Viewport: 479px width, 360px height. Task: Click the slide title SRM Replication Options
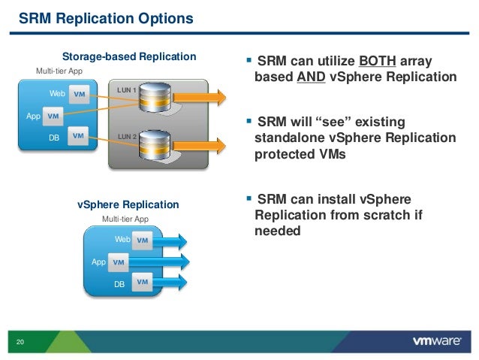click(105, 17)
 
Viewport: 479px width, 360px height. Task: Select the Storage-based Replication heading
click(128, 56)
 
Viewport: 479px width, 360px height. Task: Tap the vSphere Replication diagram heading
click(128, 204)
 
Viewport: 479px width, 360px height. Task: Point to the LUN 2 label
click(126, 137)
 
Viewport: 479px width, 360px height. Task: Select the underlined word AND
click(310, 77)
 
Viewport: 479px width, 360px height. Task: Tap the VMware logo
click(436, 340)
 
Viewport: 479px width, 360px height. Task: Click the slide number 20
click(20, 343)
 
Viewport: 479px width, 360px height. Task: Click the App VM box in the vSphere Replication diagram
click(118, 262)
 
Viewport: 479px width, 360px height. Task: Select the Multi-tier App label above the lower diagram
click(125, 219)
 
